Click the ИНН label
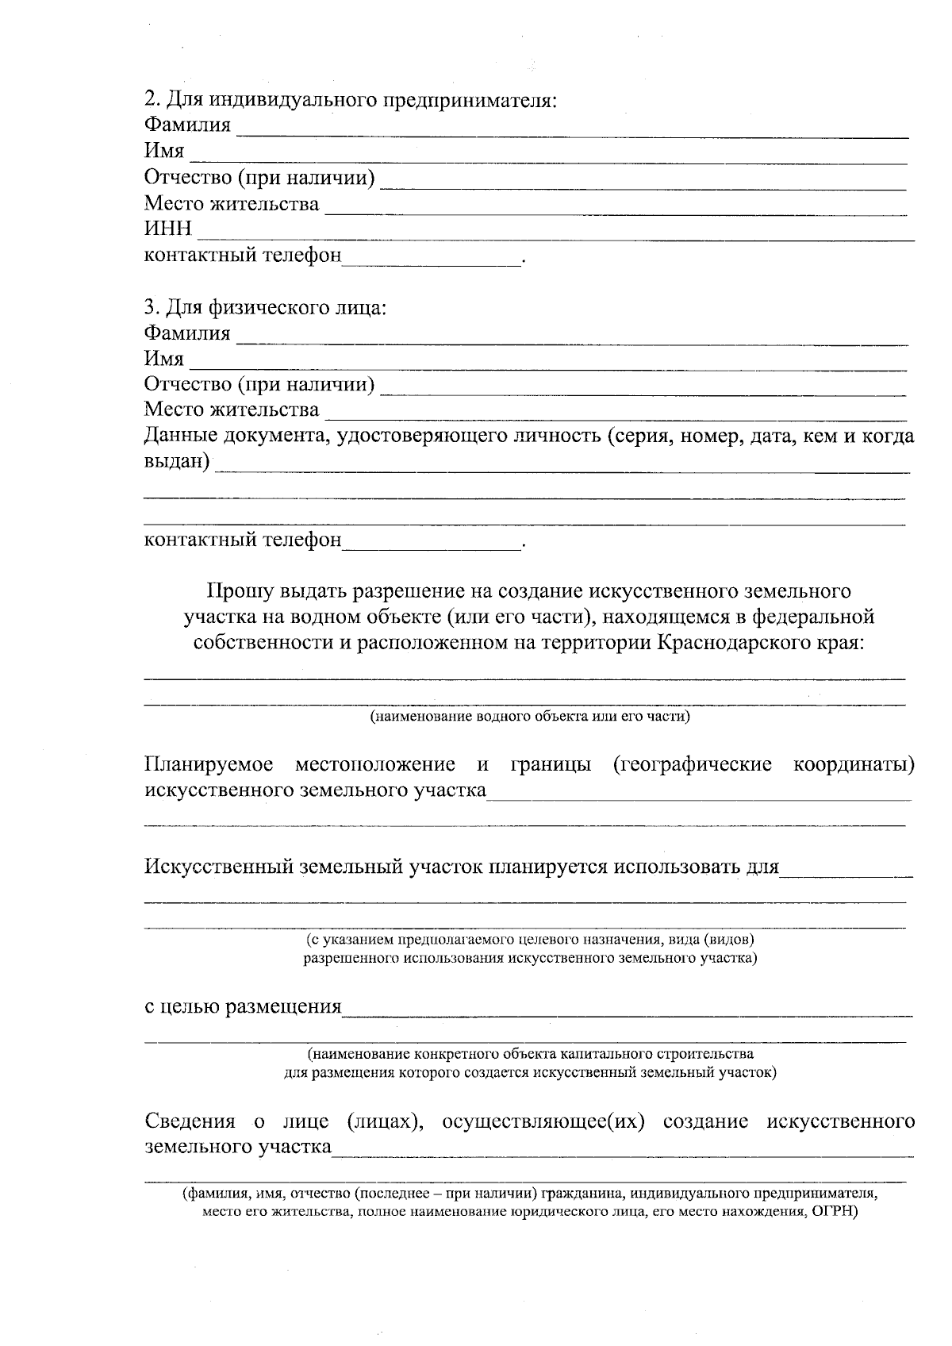click(x=167, y=229)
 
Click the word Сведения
click(x=190, y=1121)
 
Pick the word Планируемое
click(x=209, y=765)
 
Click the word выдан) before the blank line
click(x=177, y=461)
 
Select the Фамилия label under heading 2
click(x=187, y=125)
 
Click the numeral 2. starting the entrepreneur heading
click(x=152, y=100)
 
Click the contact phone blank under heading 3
click(x=432, y=548)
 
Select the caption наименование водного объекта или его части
click(x=529, y=717)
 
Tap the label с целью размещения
click(x=243, y=1007)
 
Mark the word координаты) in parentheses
click(x=854, y=765)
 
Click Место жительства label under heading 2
click(x=232, y=204)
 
